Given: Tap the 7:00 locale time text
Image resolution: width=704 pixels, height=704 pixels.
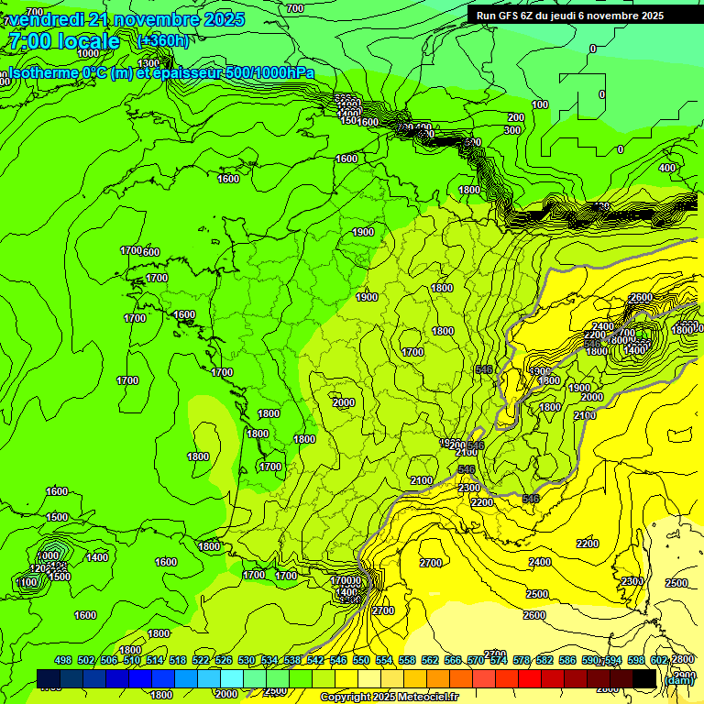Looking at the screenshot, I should click(x=63, y=41).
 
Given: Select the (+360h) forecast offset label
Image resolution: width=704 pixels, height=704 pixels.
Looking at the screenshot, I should click(x=163, y=40).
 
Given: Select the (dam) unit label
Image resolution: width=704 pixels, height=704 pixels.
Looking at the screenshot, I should click(x=679, y=679).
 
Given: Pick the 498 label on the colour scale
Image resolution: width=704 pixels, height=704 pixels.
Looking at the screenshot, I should click(x=63, y=660).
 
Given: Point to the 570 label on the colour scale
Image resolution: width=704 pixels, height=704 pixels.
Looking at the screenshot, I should click(x=476, y=660).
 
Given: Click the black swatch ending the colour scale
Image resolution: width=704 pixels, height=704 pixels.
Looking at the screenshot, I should click(x=644, y=678).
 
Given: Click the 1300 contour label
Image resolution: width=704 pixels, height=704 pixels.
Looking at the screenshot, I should click(x=148, y=63).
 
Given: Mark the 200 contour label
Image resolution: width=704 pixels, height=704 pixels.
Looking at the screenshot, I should click(x=516, y=117).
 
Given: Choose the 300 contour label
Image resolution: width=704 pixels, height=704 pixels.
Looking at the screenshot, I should click(x=511, y=130).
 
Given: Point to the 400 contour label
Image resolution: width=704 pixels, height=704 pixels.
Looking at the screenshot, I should click(x=667, y=168).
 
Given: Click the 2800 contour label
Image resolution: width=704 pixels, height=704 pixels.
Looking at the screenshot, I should click(x=683, y=660).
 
